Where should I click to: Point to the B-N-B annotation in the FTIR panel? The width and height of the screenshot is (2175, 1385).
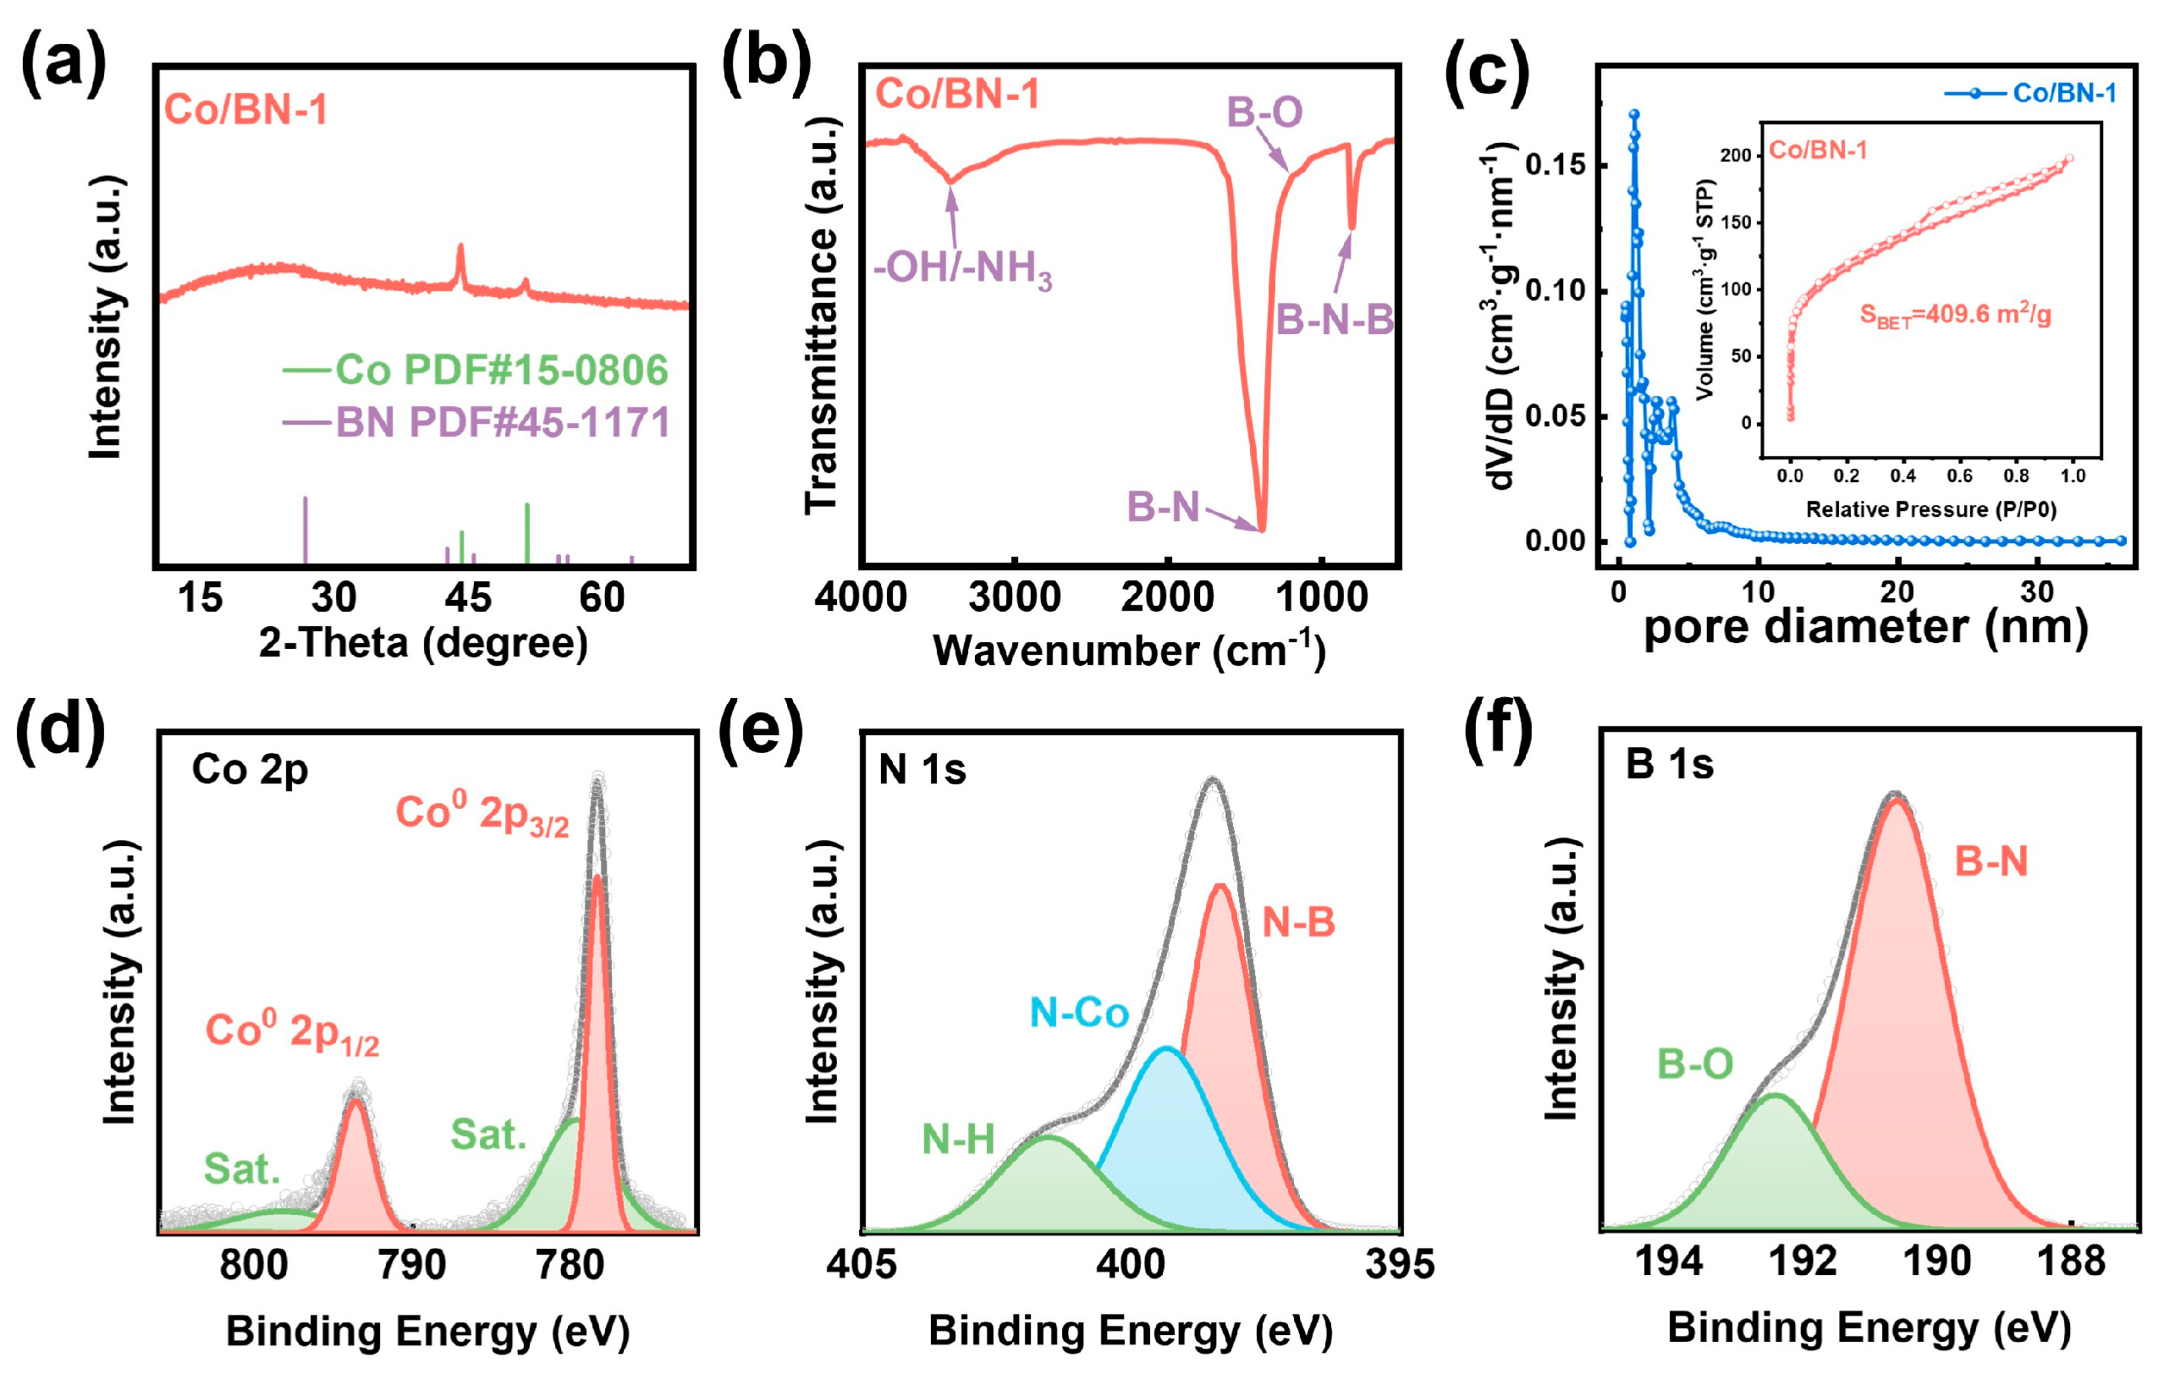point(1334,320)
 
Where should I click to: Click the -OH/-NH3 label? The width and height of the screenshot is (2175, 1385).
point(962,268)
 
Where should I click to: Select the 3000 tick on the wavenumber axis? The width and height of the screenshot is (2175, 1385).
point(1015,597)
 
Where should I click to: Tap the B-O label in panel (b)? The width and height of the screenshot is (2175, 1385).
point(1264,113)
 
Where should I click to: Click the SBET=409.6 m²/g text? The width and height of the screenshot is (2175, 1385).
point(1955,315)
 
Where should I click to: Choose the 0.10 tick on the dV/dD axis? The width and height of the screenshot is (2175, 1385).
point(1555,291)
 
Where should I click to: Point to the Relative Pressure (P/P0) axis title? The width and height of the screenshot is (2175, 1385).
point(1930,509)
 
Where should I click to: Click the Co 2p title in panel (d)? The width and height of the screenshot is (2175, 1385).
point(251,769)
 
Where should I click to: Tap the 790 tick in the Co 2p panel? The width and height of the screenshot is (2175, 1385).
point(412,1265)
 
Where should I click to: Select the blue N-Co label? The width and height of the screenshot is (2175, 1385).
point(1078,1013)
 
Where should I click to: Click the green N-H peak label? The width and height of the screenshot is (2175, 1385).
point(957,1140)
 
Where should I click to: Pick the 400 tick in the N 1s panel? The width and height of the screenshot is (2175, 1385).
point(1130,1264)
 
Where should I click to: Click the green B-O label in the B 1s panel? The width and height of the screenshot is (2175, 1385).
point(1694,1064)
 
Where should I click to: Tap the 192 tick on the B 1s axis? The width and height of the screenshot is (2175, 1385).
point(1802,1261)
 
